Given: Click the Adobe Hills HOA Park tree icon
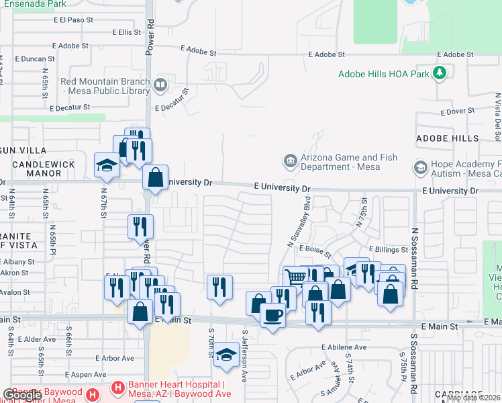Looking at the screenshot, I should pos(440,73).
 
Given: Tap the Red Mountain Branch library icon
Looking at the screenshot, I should pos(160,85).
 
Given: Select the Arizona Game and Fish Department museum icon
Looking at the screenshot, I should pos(290,161).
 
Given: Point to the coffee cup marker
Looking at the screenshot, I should pos(272,314).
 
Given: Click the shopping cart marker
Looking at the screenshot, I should pos(295,277).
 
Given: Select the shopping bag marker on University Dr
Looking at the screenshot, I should pos(156,178).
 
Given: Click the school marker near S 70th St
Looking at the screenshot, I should pos(227,355).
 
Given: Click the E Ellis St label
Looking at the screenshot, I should pos(126,32).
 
